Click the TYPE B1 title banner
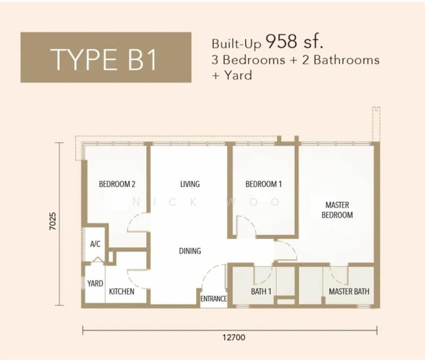[x=106, y=58]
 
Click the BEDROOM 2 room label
[x=117, y=184]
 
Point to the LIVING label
[x=189, y=184]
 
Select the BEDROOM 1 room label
[x=263, y=184]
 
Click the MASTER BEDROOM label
[x=337, y=210]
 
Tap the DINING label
[x=189, y=251]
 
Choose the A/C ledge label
[x=95, y=244]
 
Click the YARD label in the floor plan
[x=95, y=283]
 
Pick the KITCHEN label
[x=121, y=292]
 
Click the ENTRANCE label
[x=213, y=298]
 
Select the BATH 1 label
[x=261, y=292]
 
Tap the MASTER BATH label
[x=349, y=292]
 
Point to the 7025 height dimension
[x=53, y=223]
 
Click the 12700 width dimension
[x=230, y=338]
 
